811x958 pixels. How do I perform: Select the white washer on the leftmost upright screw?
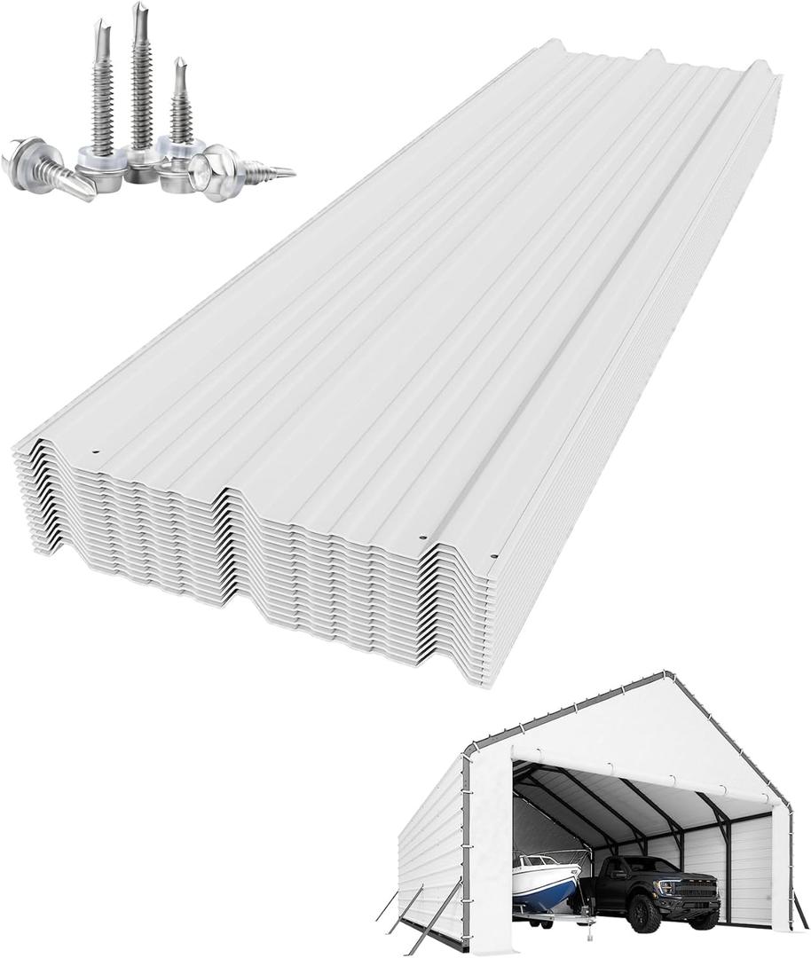[x=100, y=160]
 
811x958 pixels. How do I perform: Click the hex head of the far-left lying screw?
[x=21, y=158]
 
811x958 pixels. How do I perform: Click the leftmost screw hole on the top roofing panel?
[x=95, y=452]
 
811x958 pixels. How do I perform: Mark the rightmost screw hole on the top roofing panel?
[x=493, y=556]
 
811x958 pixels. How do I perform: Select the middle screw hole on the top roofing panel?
[x=422, y=538]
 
